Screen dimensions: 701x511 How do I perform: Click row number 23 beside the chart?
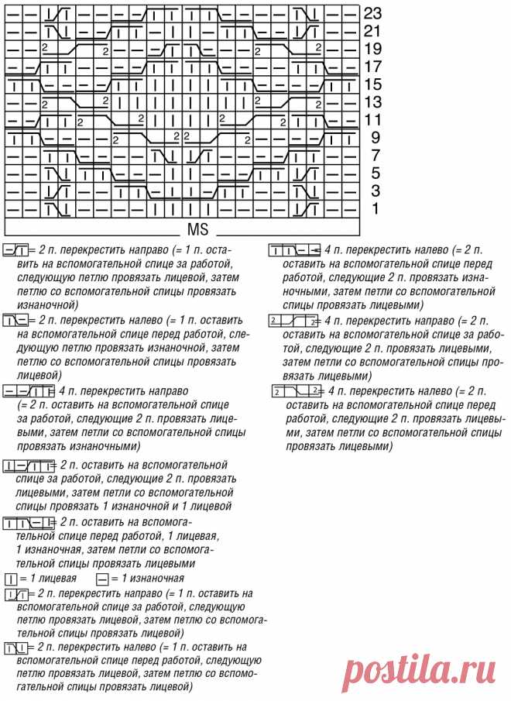(373, 13)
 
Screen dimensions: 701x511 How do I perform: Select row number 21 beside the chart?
(373, 31)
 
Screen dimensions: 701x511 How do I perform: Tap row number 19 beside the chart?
(373, 49)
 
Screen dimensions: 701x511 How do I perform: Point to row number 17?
(373, 67)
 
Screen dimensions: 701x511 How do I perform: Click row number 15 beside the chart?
(373, 84)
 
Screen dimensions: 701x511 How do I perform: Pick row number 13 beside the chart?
(373, 102)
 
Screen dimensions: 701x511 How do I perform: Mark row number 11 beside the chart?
(373, 120)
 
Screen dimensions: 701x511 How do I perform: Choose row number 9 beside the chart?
(375, 138)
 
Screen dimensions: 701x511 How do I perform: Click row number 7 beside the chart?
(375, 156)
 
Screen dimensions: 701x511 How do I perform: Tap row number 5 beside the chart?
(375, 174)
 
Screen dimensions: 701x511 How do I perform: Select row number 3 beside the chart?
(375, 191)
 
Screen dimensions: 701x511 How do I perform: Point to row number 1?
(375, 209)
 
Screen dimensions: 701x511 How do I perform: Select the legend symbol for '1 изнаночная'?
(102, 579)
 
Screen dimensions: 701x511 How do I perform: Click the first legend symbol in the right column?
(294, 251)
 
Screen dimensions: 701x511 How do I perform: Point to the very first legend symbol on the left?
(15, 251)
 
